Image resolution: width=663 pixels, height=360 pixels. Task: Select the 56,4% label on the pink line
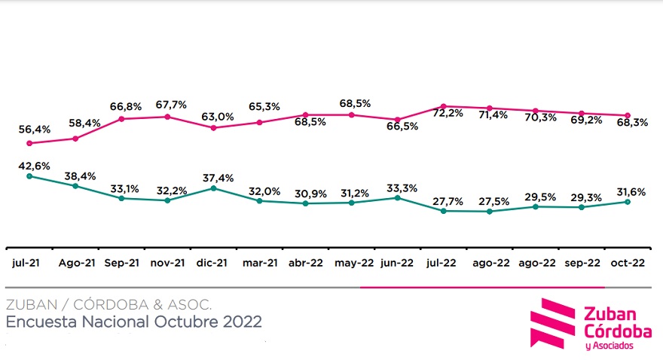(35, 130)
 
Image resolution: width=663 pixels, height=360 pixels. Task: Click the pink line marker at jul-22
(444, 106)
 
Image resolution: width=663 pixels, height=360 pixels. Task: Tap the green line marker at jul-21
(29, 176)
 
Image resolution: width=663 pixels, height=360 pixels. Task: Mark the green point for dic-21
(213, 188)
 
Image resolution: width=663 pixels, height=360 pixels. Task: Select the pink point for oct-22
(628, 115)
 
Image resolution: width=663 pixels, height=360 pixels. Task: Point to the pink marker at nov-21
(167, 117)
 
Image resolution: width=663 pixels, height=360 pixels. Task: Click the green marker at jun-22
(397, 197)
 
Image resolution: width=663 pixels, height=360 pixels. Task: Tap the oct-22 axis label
(627, 263)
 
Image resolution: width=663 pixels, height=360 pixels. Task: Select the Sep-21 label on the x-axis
(121, 263)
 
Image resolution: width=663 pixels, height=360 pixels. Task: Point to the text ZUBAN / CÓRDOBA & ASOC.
(108, 305)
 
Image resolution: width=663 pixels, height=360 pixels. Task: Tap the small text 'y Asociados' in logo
(609, 346)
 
